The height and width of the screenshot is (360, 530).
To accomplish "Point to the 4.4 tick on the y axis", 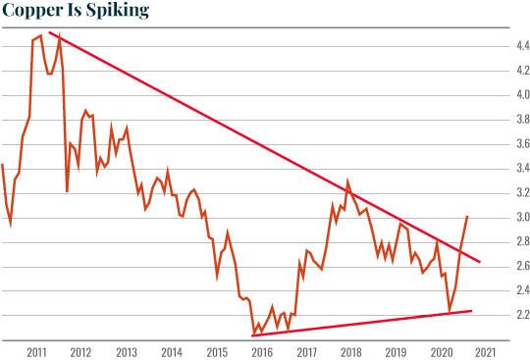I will click(x=498, y=46).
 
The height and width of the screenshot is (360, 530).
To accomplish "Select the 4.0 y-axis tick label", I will click(x=498, y=95).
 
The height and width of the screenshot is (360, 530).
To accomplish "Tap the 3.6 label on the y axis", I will click(x=498, y=144).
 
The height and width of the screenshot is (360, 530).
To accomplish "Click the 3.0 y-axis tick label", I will click(x=498, y=217).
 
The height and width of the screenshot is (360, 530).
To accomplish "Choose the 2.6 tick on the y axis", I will click(x=498, y=266).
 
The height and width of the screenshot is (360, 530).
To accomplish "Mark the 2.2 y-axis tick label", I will click(x=498, y=315).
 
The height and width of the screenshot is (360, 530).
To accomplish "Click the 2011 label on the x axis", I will click(x=37, y=350).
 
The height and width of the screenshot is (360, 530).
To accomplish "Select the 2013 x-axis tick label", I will click(x=127, y=350).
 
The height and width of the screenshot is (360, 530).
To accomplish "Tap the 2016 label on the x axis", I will click(x=261, y=350).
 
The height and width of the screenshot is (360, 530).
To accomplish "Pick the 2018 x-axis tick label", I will click(x=350, y=350).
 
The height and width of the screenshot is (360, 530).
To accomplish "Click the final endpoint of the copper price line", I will click(x=467, y=216).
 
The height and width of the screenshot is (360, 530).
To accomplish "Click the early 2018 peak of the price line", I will click(x=347, y=181).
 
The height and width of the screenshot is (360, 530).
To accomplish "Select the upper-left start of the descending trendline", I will click(x=50, y=34).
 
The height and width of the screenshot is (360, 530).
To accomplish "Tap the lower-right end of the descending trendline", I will click(x=480, y=262).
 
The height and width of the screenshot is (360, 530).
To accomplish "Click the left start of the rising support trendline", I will click(x=253, y=335).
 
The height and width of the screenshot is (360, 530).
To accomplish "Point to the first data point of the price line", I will click(x=3, y=165).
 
